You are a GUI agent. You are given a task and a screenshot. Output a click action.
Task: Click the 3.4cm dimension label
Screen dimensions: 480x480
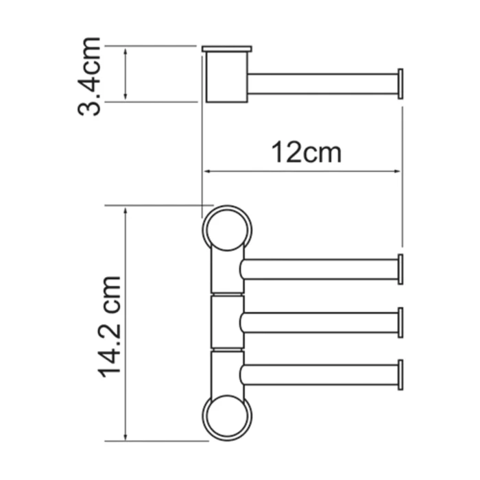click(90, 76)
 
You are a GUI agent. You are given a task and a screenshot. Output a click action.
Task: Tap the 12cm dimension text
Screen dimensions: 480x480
click(305, 152)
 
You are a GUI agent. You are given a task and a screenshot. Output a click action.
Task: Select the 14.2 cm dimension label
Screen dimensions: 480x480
click(110, 326)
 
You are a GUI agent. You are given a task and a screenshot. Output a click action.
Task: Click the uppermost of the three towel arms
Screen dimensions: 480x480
click(319, 269)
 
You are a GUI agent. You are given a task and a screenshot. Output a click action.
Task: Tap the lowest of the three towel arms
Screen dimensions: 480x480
click(319, 374)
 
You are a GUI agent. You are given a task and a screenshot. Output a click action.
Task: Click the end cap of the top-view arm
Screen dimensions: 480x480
click(400, 84)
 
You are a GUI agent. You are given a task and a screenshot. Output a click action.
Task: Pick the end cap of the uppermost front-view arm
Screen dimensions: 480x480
click(400, 269)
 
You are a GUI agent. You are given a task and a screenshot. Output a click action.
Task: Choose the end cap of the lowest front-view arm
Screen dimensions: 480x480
click(400, 374)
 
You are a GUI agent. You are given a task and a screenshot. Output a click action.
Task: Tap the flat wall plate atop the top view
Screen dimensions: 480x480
click(227, 49)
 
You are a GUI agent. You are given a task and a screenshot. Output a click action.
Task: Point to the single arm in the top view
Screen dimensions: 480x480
click(322, 84)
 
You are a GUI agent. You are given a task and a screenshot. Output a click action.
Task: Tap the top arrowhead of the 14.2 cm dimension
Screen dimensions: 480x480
click(125, 210)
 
